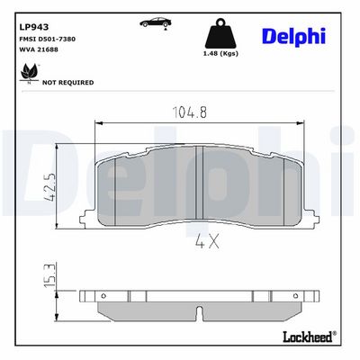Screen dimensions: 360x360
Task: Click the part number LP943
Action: [x=34, y=27]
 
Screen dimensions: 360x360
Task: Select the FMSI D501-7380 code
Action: [x=47, y=39]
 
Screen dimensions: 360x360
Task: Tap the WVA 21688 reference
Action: [x=39, y=49]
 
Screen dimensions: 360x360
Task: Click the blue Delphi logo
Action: [x=293, y=37]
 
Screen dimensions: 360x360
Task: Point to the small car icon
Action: [x=156, y=22]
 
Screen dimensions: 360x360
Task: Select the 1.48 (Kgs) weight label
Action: [x=220, y=54]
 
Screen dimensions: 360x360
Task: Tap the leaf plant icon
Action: [x=29, y=73]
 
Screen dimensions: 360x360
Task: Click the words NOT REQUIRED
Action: [x=67, y=83]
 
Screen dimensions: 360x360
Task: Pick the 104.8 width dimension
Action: [x=189, y=112]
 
